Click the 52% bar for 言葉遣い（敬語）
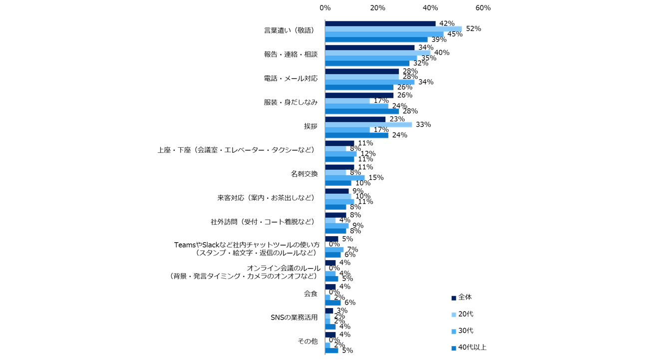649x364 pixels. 393,29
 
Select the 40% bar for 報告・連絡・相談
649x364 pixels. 377,53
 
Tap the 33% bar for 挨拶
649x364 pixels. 368,124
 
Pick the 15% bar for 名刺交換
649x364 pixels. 344,178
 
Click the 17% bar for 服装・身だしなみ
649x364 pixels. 347,101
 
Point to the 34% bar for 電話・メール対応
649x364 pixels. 369,82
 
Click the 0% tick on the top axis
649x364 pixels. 325,8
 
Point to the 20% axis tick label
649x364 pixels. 377,8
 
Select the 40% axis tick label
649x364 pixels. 430,8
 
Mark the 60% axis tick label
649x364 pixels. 483,8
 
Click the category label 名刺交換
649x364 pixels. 304,174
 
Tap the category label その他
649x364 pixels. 308,342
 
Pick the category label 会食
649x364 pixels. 311,294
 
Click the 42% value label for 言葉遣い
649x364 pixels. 446,23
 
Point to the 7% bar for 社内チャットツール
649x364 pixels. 334,250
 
